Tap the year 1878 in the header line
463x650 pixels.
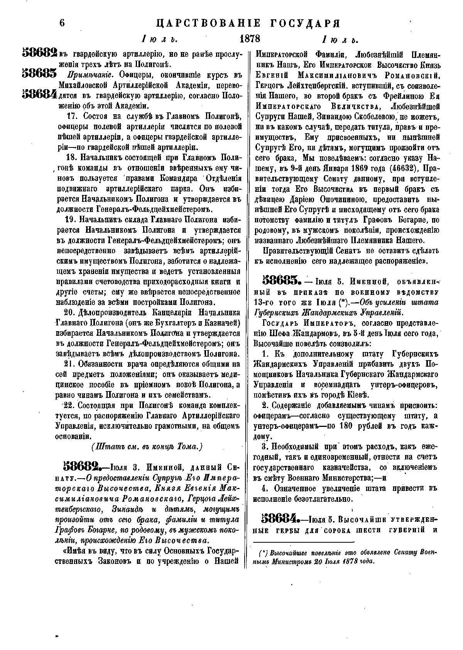point(250,39)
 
